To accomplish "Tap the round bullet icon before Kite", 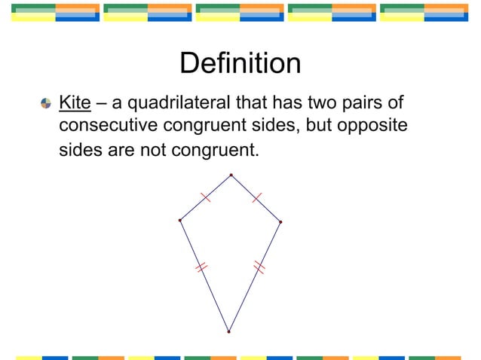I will (47, 102).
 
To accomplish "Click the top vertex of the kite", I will (231, 175).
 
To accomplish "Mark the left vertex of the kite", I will (180, 220).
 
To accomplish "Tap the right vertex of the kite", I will (280, 221).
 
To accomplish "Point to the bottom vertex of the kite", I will (228, 331).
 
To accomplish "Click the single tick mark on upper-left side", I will (206, 197).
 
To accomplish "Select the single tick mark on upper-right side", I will (256, 197).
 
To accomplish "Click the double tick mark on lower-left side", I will (201, 267).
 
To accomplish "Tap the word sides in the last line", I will (81, 150).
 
